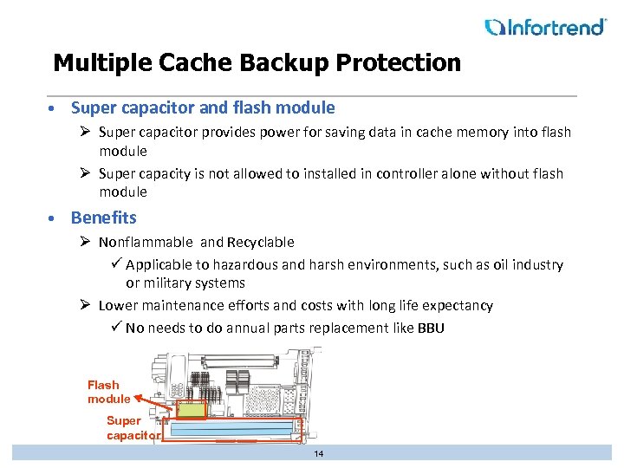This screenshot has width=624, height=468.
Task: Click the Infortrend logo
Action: pyautogui.click(x=545, y=27)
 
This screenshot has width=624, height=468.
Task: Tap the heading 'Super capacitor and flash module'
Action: pyautogui.click(x=203, y=108)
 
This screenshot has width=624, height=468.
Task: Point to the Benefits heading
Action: pyautogui.click(x=103, y=218)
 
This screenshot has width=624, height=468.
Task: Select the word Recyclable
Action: pyautogui.click(x=260, y=243)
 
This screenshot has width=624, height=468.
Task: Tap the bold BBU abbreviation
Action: pyautogui.click(x=431, y=328)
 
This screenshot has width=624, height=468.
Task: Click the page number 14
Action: pyautogui.click(x=319, y=454)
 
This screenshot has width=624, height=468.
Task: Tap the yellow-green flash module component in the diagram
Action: pyautogui.click(x=191, y=408)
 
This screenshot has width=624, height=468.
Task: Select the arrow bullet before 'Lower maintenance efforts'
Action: pyautogui.click(x=88, y=306)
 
